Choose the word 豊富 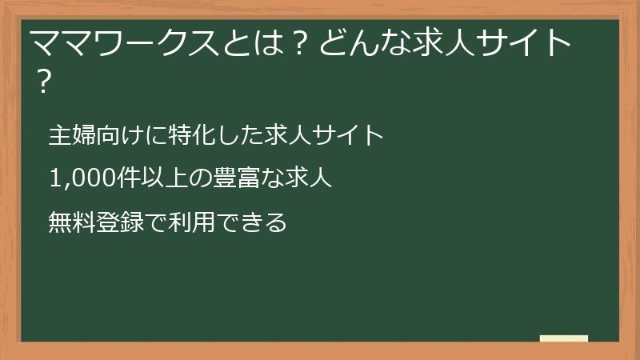click(x=232, y=178)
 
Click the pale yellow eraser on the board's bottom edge click(x=563, y=338)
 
